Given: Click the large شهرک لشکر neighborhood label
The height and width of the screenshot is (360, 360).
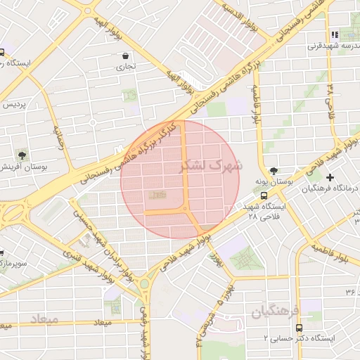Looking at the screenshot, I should pos(210,165).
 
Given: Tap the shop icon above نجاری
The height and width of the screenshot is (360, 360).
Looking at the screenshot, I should pos(125,56).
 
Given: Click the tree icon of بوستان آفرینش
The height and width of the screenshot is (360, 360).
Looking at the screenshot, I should pos(22,155).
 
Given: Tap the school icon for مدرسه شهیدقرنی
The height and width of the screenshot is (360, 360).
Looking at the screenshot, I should pos(334,34).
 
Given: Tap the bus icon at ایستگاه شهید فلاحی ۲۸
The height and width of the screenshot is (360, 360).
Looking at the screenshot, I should pos(264,196).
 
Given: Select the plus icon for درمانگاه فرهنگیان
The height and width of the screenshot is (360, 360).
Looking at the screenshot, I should pos(330,176).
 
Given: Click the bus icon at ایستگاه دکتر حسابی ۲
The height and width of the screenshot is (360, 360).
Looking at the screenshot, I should pos(299,328).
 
